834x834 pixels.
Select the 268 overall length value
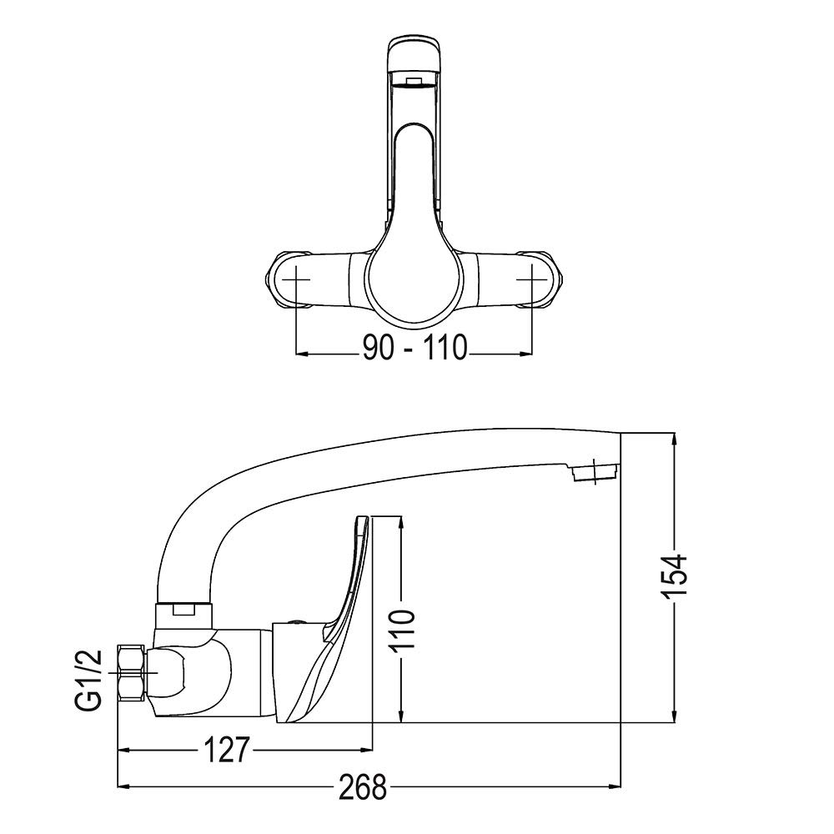pyautogui.click(x=363, y=786)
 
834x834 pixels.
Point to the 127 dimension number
pyautogui.click(x=225, y=750)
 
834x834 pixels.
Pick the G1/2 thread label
pyautogui.click(x=88, y=679)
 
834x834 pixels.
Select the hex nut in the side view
pyautogui.click(x=131, y=673)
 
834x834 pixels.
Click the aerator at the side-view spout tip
pyautogui.click(x=594, y=472)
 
